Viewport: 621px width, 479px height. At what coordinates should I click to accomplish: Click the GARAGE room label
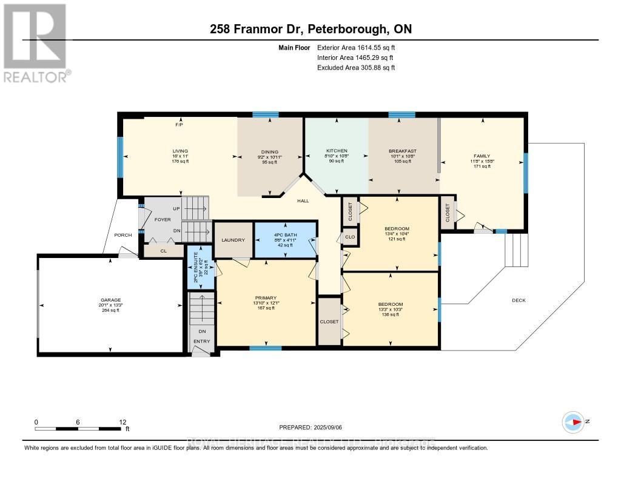(x=111, y=300)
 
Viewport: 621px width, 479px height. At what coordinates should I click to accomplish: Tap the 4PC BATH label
(x=285, y=233)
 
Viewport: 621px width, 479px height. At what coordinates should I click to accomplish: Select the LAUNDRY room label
(x=233, y=240)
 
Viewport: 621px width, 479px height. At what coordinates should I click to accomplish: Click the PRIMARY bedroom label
(x=266, y=298)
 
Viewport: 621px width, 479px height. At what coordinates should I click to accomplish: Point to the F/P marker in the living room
(x=179, y=125)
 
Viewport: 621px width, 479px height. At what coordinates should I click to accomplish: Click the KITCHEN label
(x=337, y=150)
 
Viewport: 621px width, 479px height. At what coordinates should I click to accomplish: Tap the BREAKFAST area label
(x=401, y=151)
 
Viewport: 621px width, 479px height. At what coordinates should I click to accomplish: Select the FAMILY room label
(x=482, y=156)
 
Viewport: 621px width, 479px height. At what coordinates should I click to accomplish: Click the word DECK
(x=519, y=300)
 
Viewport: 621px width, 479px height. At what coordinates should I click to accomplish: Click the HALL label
(x=304, y=201)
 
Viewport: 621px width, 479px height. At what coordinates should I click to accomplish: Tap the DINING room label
(x=270, y=152)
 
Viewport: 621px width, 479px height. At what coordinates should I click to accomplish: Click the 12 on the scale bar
(x=123, y=422)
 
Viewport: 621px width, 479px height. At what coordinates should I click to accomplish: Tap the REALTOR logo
(x=35, y=42)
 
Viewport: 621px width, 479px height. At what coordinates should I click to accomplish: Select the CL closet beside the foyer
(x=163, y=250)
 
